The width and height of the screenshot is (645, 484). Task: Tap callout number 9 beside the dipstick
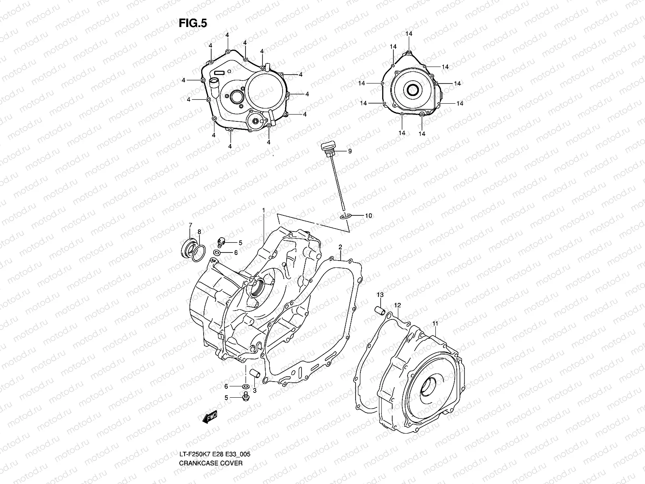point(350,151)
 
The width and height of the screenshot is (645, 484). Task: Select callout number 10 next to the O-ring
point(368,216)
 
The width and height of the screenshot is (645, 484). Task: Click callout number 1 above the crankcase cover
point(263,211)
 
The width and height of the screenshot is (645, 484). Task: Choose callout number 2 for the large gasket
point(340,246)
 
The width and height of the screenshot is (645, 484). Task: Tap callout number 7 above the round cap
point(191,225)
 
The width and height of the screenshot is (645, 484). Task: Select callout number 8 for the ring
point(199,232)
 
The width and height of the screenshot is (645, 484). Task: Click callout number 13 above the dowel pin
point(379,295)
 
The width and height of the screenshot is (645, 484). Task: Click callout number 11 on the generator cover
point(435,323)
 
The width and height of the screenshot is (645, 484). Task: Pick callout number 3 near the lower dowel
point(254,390)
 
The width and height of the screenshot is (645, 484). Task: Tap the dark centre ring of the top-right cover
point(414,91)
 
